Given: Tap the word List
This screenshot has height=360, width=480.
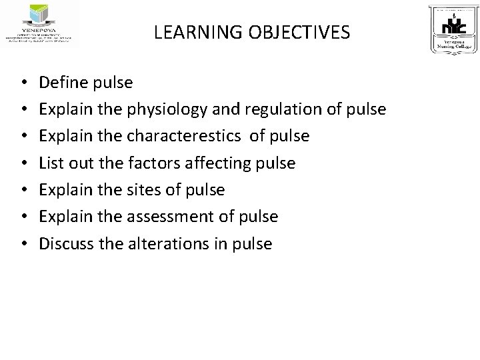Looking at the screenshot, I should click(50, 163).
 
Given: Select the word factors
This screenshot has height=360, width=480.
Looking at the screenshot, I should click(145, 163).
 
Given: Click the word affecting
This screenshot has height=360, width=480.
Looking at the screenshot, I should click(213, 163).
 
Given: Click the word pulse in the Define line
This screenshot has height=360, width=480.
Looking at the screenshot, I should click(115, 83).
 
